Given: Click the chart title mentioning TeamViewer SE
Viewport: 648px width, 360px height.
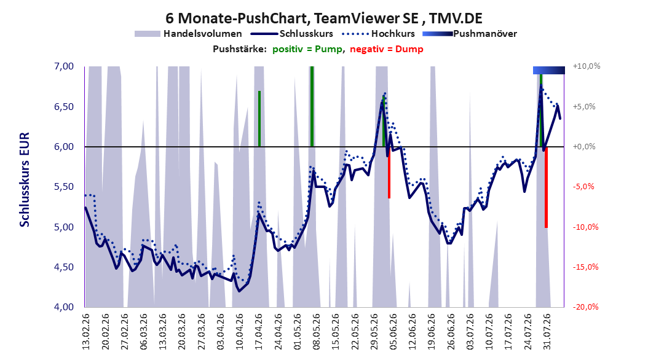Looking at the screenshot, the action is [x=323, y=18].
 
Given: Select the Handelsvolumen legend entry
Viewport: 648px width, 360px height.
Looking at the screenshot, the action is [x=189, y=34].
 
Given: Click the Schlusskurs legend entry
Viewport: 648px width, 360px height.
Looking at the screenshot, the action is [x=292, y=34].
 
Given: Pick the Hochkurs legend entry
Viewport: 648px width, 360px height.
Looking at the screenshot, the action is [x=379, y=34].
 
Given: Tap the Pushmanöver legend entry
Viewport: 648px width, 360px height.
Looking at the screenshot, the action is [x=470, y=34].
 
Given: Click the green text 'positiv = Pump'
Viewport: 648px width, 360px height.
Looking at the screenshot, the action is [x=307, y=49].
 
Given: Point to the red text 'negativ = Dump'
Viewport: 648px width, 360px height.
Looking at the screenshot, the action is [x=387, y=49].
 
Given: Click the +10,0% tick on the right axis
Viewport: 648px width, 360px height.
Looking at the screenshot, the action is [x=587, y=66].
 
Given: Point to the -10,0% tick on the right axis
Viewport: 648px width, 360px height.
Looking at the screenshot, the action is [x=585, y=227].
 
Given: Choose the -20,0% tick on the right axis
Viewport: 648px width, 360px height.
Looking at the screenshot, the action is [x=585, y=307].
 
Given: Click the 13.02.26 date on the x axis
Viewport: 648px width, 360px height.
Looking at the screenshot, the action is [x=86, y=332].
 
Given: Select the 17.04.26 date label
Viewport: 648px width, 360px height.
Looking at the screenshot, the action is [x=259, y=332].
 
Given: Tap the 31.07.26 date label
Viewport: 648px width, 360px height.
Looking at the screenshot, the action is [x=547, y=332].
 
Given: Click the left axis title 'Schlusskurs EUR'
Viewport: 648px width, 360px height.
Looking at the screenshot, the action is [x=25, y=179].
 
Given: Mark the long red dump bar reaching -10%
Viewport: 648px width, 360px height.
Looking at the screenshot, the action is [x=546, y=187].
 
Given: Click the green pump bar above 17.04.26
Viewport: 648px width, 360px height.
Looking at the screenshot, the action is [x=259, y=119].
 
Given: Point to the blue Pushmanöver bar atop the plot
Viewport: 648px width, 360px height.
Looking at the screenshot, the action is [x=549, y=70].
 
